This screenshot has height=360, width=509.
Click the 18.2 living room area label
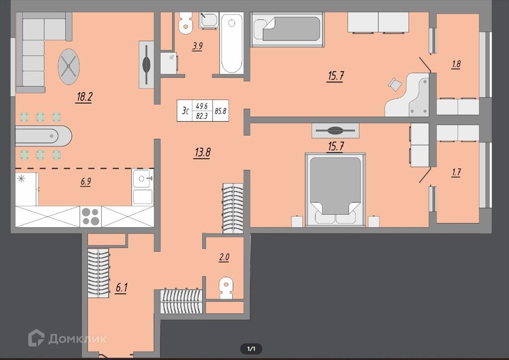(x=85, y=97)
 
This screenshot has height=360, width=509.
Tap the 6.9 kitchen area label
(x=86, y=181)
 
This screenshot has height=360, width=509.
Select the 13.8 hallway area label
(x=203, y=152)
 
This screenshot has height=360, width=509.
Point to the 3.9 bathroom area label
(x=197, y=46)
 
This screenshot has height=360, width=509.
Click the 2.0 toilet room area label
(x=224, y=258)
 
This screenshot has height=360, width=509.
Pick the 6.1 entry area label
(x=121, y=287)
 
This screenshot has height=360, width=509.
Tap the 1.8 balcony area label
(x=456, y=64)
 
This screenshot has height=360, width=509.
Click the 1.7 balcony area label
(x=456, y=172)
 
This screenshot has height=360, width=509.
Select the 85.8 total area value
(x=221, y=111)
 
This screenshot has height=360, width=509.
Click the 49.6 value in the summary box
(x=202, y=106)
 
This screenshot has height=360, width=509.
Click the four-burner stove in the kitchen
(x=90, y=216)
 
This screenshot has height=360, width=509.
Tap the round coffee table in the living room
(x=69, y=67)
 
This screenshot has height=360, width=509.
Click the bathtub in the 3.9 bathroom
(x=232, y=43)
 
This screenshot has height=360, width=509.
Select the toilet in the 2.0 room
(x=226, y=287)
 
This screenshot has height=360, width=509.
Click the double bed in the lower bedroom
(x=336, y=189)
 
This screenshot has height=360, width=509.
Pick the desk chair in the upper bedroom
(x=395, y=85)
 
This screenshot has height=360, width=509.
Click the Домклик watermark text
(x=78, y=339)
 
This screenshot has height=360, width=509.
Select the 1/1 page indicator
(x=251, y=349)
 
